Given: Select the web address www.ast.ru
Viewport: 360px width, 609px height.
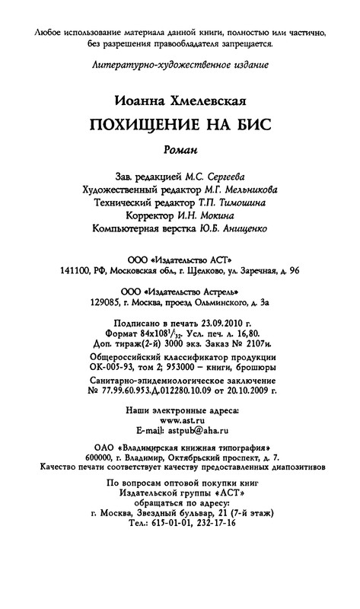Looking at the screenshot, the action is click(x=180, y=419).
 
